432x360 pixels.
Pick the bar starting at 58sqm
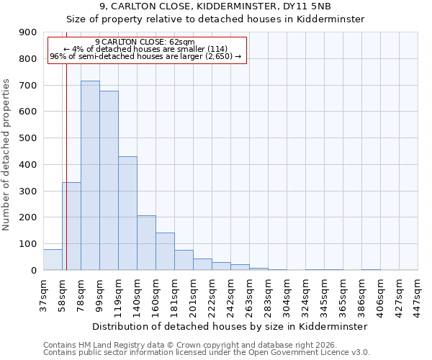[71, 226]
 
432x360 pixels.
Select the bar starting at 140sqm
[146, 243]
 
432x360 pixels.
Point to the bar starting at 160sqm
[165, 251]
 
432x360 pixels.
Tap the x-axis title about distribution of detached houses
[230, 326]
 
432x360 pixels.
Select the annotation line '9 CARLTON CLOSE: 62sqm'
[144, 42]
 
